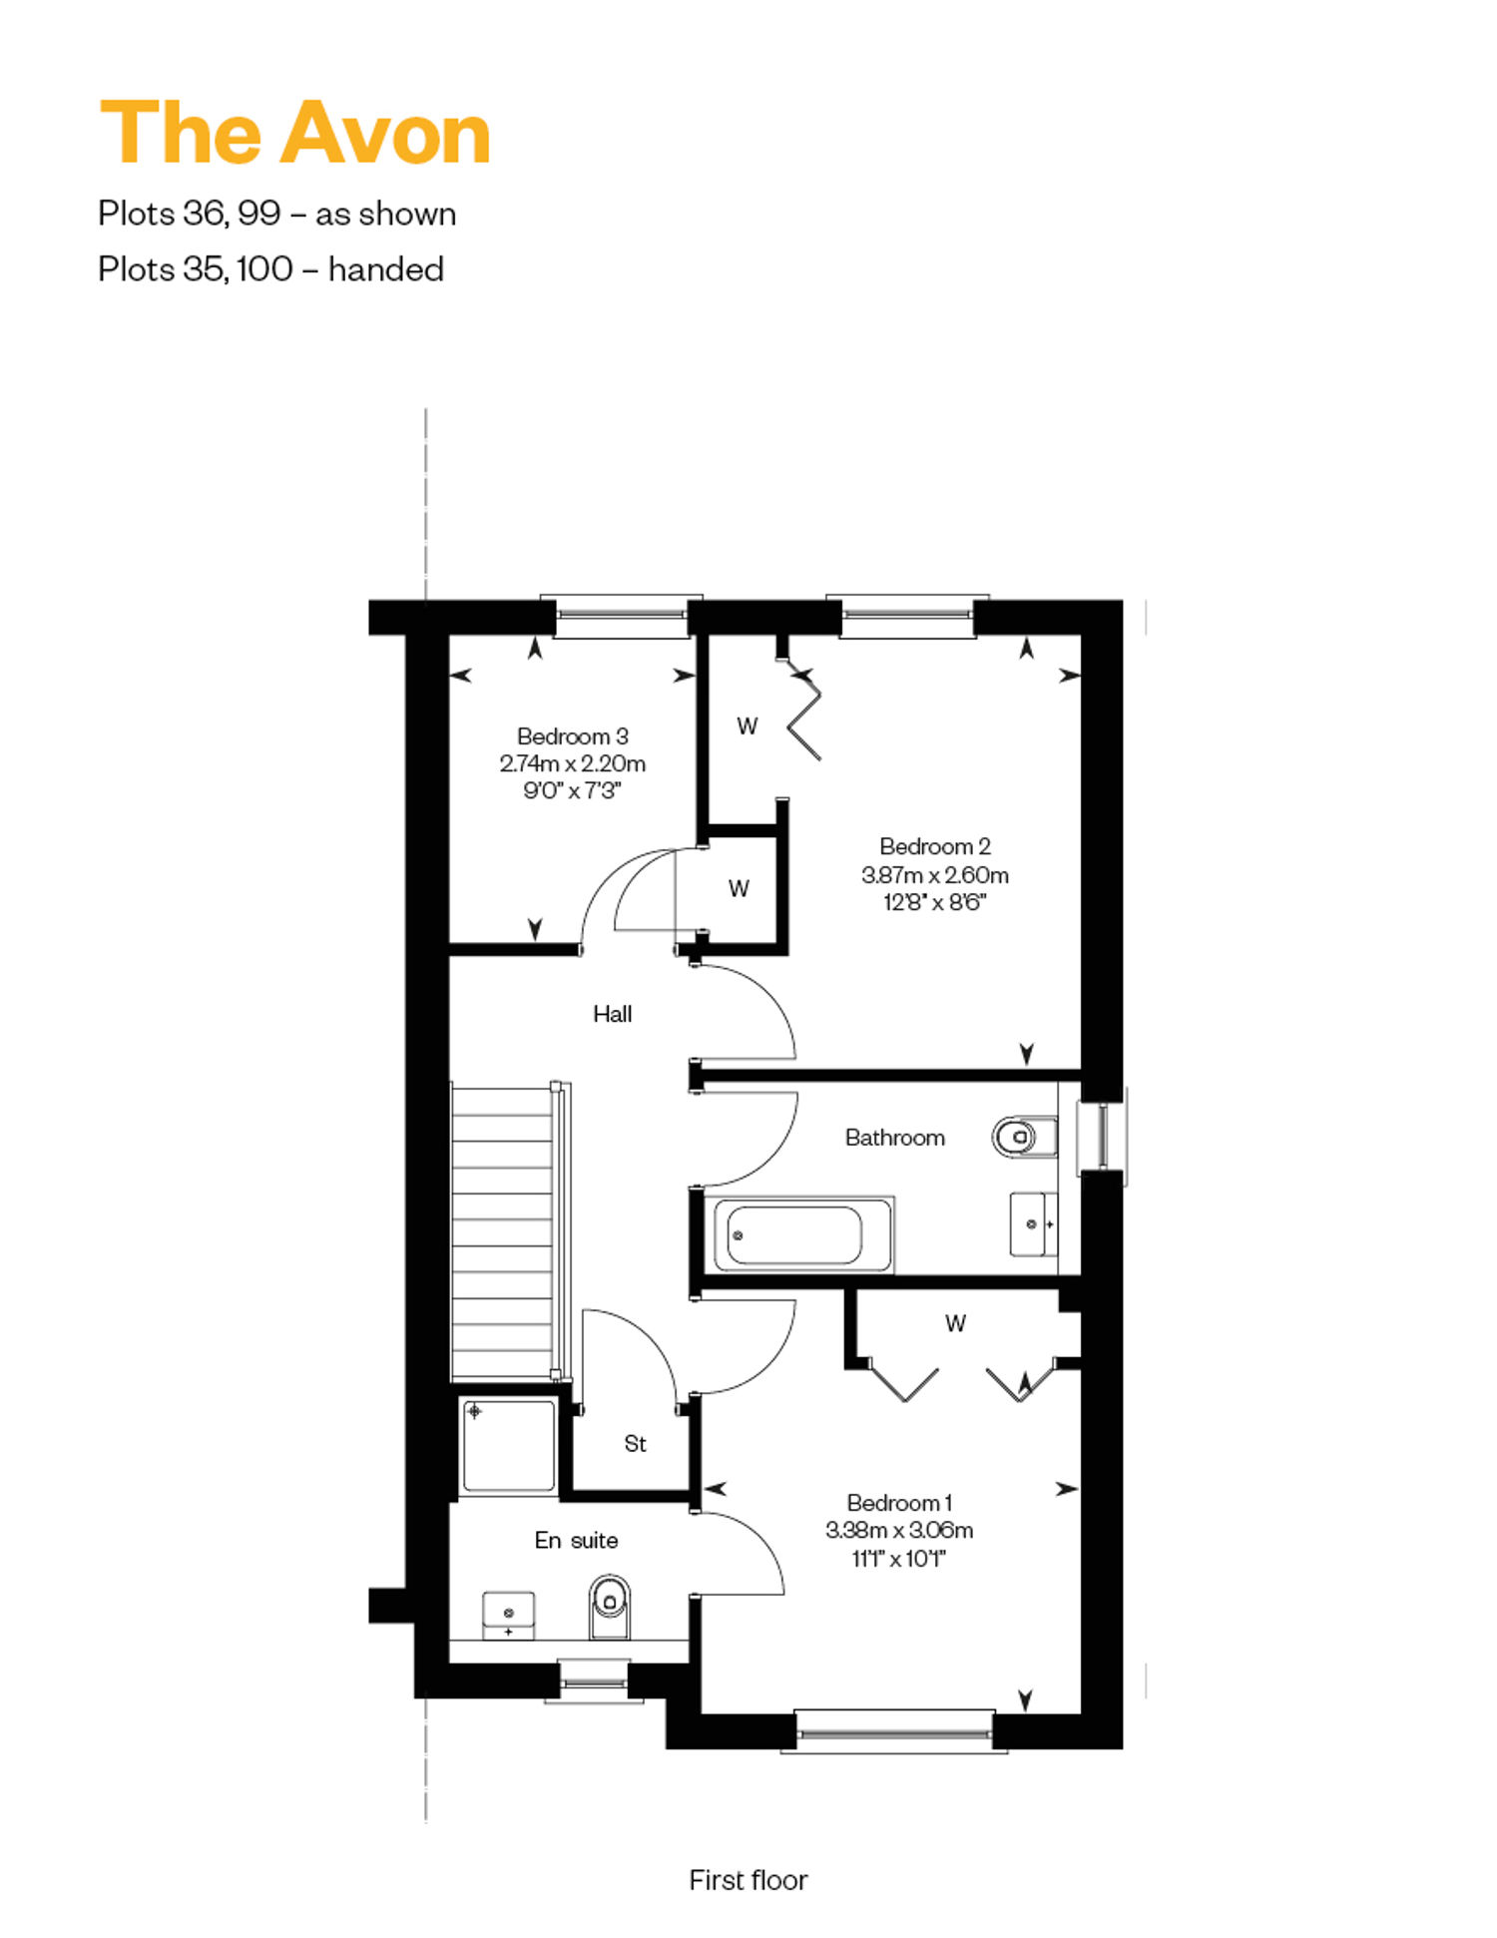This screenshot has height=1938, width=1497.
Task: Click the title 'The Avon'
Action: click(x=295, y=133)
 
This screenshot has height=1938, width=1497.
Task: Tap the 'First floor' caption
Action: click(x=748, y=1880)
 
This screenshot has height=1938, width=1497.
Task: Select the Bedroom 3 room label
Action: click(x=572, y=736)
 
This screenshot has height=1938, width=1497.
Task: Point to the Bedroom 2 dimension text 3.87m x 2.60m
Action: click(x=935, y=875)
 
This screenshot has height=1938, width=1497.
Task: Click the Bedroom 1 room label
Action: click(x=899, y=1502)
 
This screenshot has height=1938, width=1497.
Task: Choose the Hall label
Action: click(x=612, y=1014)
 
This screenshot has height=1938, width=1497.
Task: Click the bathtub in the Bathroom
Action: click(x=798, y=1235)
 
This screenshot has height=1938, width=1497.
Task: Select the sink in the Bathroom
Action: click(x=1034, y=1223)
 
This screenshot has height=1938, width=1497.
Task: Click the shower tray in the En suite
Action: click(x=508, y=1445)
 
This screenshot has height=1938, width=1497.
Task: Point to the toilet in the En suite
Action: click(x=609, y=1607)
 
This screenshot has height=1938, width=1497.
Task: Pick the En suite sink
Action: click(x=508, y=1616)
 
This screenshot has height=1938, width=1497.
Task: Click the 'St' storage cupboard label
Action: click(x=635, y=1443)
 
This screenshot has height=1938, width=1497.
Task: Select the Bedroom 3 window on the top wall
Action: click(x=621, y=617)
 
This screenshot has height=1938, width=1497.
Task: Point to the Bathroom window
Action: click(x=1102, y=1137)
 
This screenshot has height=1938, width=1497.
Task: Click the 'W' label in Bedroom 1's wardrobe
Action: click(x=955, y=1323)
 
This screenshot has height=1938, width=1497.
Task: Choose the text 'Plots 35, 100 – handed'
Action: click(x=270, y=269)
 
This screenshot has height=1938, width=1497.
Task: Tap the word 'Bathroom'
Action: click(x=894, y=1138)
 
